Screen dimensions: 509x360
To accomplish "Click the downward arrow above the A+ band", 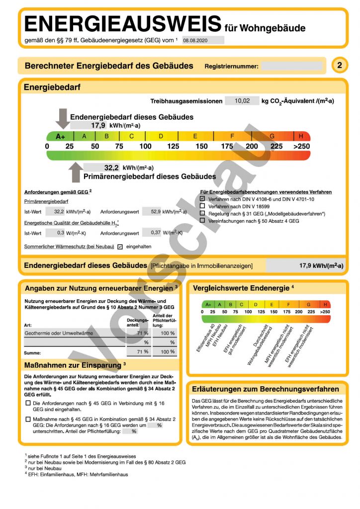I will click(x=63, y=118).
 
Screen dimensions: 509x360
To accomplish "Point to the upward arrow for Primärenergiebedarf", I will click(x=76, y=172).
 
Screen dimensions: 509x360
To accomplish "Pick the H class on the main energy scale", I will click(x=301, y=136).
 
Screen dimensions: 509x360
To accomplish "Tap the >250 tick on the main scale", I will click(x=301, y=146).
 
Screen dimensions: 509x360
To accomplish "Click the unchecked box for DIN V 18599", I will click(x=202, y=206).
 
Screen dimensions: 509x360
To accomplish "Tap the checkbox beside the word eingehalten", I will click(x=120, y=247).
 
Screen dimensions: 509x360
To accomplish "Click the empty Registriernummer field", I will click(x=292, y=66).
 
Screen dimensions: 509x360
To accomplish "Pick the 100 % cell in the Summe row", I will click(x=165, y=352).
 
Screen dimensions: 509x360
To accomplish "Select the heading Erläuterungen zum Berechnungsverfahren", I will click(x=266, y=389).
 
